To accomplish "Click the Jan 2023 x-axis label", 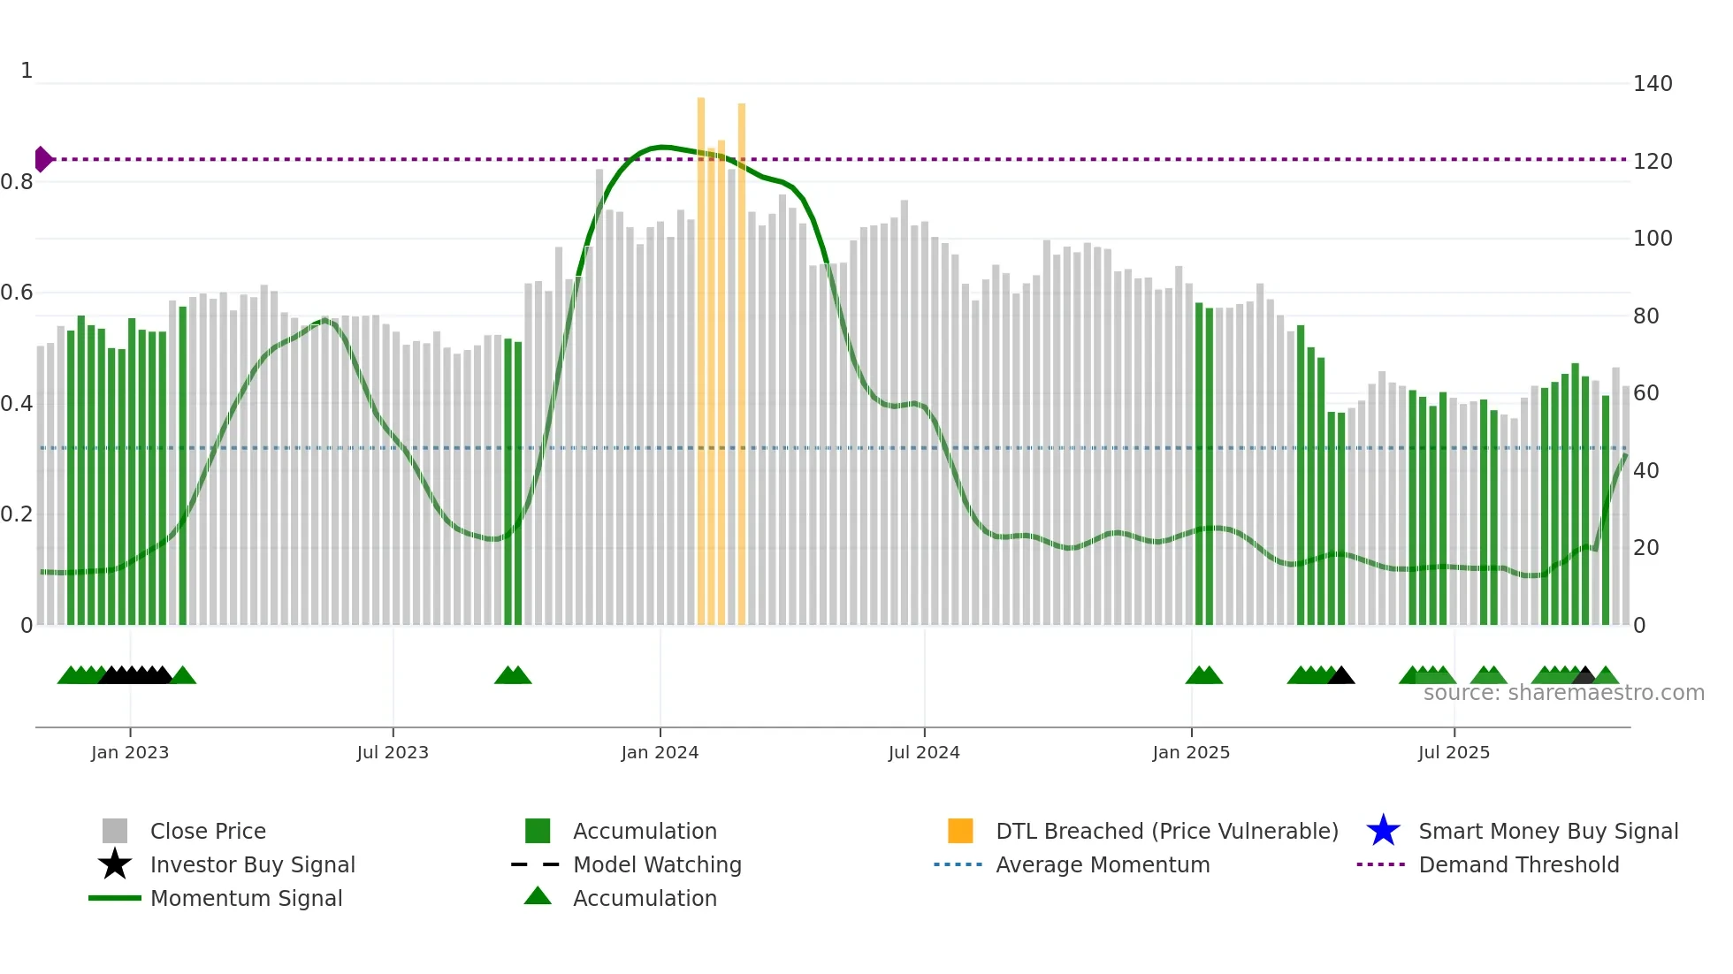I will (130, 752).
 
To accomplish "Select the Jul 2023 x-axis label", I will (393, 752).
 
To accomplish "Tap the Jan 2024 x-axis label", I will (660, 752).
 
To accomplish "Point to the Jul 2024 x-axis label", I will (924, 752).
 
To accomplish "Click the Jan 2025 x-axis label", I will (1191, 752).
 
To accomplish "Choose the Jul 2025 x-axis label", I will (1454, 752).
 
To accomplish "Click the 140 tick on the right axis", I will (1653, 84).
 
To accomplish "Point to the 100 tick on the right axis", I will (1653, 239).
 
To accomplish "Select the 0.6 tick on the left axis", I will (17, 293).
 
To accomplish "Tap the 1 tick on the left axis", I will (27, 71).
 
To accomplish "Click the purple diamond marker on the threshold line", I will (42, 159).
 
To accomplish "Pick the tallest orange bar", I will (701, 354).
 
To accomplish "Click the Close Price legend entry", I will (208, 831).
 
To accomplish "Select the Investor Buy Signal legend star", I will (115, 864).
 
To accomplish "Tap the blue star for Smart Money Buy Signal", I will (1383, 831).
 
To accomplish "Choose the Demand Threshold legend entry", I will (1518, 864).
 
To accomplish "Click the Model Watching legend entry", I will (657, 864).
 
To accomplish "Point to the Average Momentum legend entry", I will (1103, 864).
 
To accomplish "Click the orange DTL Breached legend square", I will (960, 831).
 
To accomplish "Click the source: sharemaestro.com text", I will (1563, 693).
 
